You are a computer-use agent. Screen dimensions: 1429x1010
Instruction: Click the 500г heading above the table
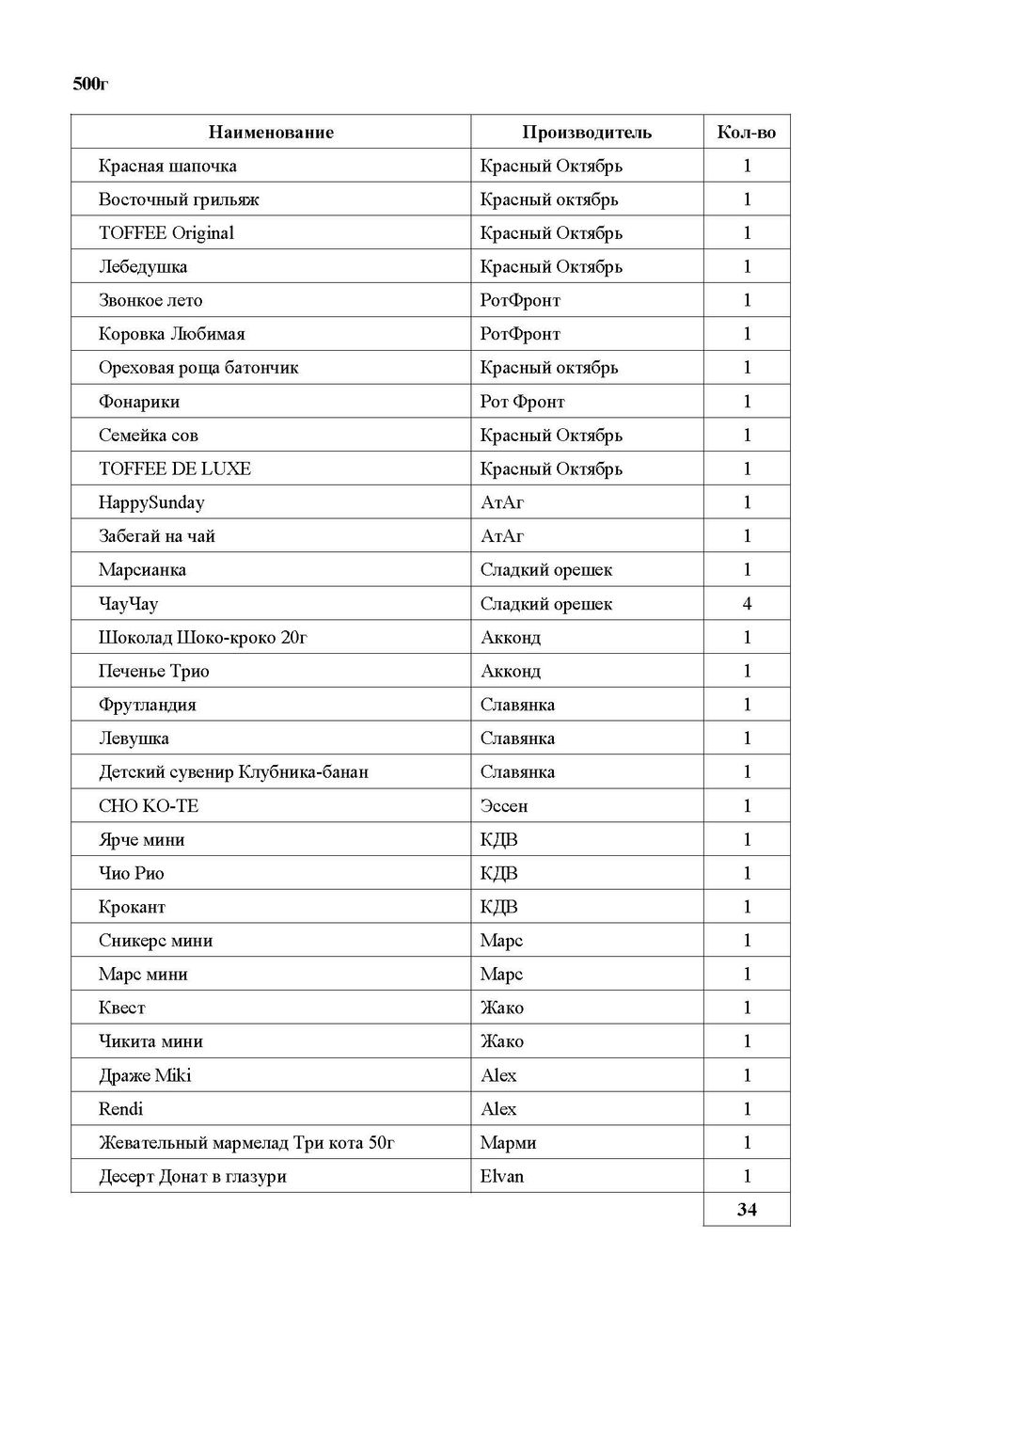pyautogui.click(x=91, y=85)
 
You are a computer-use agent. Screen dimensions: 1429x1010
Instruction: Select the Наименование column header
pyautogui.click(x=271, y=133)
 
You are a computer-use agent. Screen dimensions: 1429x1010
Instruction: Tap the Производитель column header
pyautogui.click(x=586, y=133)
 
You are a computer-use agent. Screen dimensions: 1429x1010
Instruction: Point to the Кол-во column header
pyautogui.click(x=746, y=133)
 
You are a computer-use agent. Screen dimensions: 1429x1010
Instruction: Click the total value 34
pyautogui.click(x=747, y=1210)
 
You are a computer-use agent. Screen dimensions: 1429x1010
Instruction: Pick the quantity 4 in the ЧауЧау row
pyautogui.click(x=747, y=604)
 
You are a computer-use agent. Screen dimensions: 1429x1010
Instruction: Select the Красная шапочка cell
pyautogui.click(x=167, y=167)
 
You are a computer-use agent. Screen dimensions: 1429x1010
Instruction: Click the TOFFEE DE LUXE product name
pyautogui.click(x=175, y=469)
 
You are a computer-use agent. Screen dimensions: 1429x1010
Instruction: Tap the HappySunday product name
pyautogui.click(x=151, y=502)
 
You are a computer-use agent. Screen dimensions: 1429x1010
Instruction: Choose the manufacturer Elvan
pyautogui.click(x=502, y=1176)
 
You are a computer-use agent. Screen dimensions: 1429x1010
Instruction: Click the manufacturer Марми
pyautogui.click(x=508, y=1143)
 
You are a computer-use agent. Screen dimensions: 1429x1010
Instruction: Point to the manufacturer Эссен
pyautogui.click(x=504, y=806)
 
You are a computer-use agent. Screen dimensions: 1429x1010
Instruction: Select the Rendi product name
pyautogui.click(x=121, y=1109)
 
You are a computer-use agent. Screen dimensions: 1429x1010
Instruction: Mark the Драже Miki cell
pyautogui.click(x=145, y=1075)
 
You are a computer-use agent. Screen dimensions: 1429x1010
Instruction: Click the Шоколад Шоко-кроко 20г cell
pyautogui.click(x=203, y=638)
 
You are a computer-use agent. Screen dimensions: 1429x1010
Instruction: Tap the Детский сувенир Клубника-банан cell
pyautogui.click(x=233, y=772)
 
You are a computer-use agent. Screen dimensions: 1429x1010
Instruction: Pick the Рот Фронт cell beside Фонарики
pyautogui.click(x=522, y=402)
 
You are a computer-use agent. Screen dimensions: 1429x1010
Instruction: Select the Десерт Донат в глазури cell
pyautogui.click(x=193, y=1176)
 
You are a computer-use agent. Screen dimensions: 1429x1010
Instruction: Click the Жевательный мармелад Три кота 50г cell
pyautogui.click(x=246, y=1143)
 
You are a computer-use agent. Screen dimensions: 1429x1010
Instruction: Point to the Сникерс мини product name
pyautogui.click(x=156, y=941)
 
